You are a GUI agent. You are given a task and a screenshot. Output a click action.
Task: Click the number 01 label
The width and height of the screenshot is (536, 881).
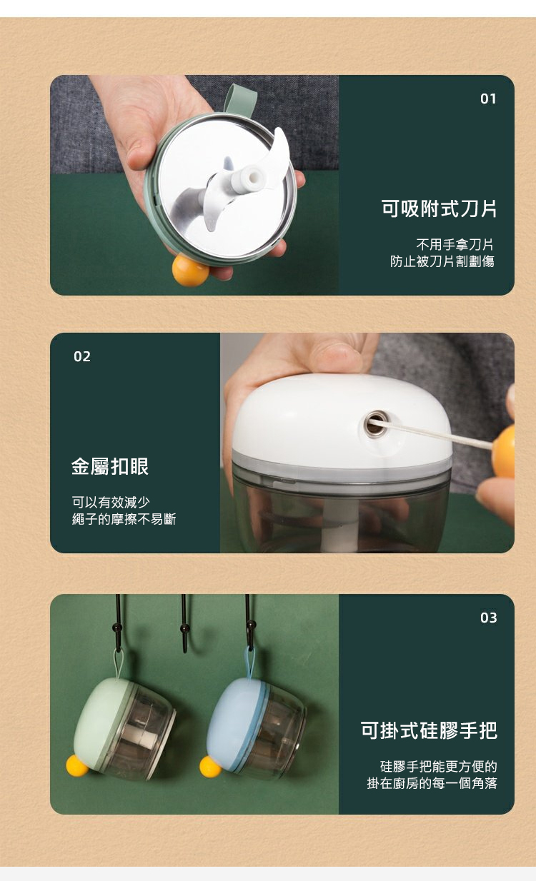(x=488, y=99)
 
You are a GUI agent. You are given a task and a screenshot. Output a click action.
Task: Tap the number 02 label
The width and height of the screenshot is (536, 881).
(x=82, y=356)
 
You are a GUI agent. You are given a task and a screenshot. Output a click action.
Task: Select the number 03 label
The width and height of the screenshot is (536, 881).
(x=488, y=618)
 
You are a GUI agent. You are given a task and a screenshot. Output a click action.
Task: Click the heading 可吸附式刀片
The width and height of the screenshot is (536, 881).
(x=439, y=208)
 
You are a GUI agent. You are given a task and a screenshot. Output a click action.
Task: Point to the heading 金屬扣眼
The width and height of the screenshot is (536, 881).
(x=110, y=466)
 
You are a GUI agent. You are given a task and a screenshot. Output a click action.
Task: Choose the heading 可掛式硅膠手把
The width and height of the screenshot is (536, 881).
(x=429, y=730)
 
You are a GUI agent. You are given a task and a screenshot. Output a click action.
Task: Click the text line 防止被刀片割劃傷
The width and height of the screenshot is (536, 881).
(x=442, y=261)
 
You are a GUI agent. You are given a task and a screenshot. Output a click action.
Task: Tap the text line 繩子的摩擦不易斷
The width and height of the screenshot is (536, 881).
(x=124, y=519)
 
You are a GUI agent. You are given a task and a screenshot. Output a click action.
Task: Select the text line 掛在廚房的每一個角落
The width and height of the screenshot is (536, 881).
(x=432, y=783)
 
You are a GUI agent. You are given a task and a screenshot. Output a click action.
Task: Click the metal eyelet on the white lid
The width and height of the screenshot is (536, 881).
(x=375, y=423)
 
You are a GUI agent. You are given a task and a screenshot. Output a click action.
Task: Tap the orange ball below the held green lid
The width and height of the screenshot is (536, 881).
(x=191, y=270)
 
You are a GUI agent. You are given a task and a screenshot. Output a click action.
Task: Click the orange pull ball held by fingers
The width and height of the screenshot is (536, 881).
(x=503, y=451)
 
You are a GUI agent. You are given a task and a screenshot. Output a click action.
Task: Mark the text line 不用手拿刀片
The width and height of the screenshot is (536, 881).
(x=455, y=245)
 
